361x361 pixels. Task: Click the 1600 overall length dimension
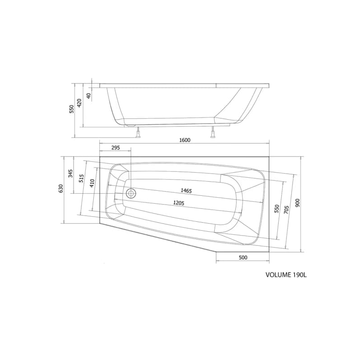(185, 140)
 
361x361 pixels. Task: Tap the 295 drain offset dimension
(116, 148)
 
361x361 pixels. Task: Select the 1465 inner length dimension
(186, 190)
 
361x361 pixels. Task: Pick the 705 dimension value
(286, 210)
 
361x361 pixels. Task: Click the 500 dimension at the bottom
(243, 257)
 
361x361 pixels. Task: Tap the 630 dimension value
(60, 189)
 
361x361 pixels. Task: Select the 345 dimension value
(70, 173)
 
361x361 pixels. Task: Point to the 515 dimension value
(81, 178)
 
